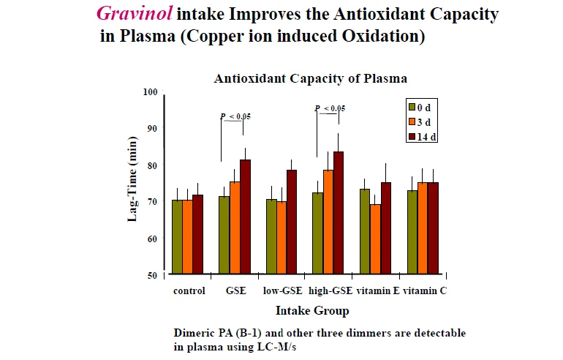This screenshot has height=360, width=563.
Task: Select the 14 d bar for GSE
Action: (246, 217)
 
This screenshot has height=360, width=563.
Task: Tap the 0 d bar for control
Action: (177, 236)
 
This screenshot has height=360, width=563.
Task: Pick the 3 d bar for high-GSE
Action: (328, 222)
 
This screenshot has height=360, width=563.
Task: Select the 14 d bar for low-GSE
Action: (292, 222)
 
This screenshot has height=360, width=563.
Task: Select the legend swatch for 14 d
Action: (412, 136)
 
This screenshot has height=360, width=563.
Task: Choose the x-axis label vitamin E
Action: (377, 290)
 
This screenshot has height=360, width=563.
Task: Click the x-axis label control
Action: (189, 290)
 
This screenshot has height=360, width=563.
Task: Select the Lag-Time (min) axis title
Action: (133, 179)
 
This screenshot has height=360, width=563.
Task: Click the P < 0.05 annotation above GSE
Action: (235, 116)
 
